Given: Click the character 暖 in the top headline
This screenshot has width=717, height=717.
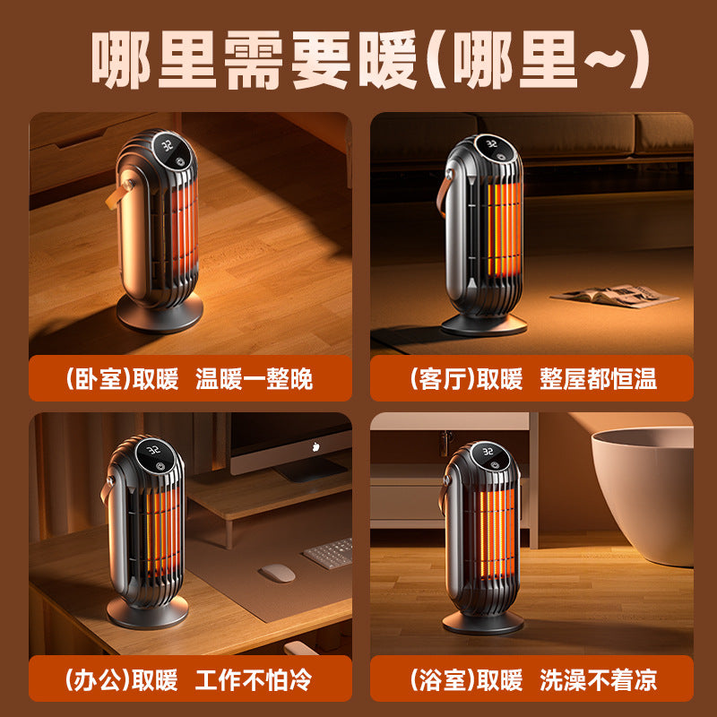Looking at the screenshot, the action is click(388, 59).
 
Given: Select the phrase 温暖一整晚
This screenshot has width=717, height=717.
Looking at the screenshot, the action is click(254, 378).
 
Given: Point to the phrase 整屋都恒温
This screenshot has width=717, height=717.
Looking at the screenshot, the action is click(598, 378).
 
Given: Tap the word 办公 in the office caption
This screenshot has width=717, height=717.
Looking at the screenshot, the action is click(98, 679).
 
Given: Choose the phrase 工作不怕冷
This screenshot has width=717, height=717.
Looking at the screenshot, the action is click(254, 679).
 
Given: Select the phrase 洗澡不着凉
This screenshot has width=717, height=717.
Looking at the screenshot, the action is click(598, 679).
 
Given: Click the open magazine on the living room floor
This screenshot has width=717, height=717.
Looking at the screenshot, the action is click(614, 296).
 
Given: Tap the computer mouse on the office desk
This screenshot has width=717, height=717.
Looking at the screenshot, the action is click(278, 573).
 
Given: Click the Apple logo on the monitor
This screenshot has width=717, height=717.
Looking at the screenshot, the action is click(315, 446).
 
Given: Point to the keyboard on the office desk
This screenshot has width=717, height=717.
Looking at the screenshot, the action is click(328, 553).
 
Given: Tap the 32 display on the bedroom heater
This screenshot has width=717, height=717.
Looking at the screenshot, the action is click(167, 146).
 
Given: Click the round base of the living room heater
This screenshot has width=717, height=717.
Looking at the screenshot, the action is click(484, 325).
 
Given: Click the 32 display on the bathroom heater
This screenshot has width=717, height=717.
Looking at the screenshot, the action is click(488, 452).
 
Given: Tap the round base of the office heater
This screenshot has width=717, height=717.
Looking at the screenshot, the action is click(147, 613).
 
